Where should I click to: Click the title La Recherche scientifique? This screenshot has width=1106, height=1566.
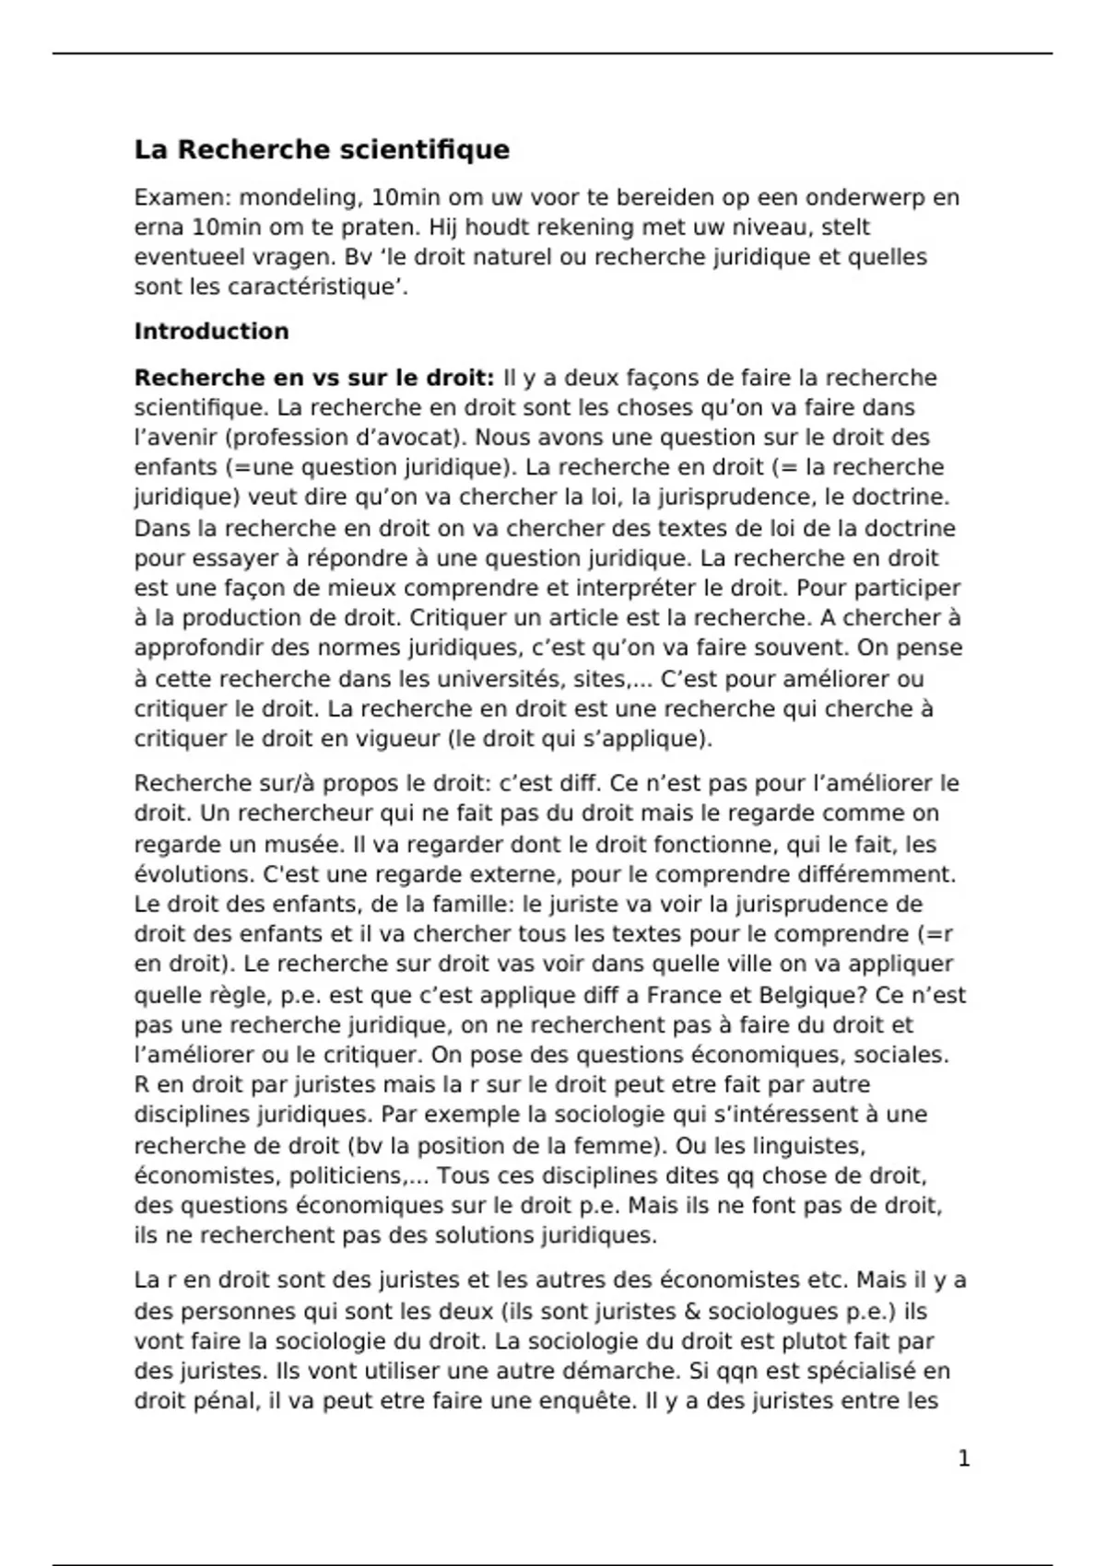(x=322, y=149)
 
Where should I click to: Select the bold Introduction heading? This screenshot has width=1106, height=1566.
(x=211, y=332)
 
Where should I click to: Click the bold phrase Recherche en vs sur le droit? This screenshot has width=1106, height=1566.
(x=313, y=378)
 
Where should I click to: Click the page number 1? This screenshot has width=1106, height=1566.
(x=964, y=1458)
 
